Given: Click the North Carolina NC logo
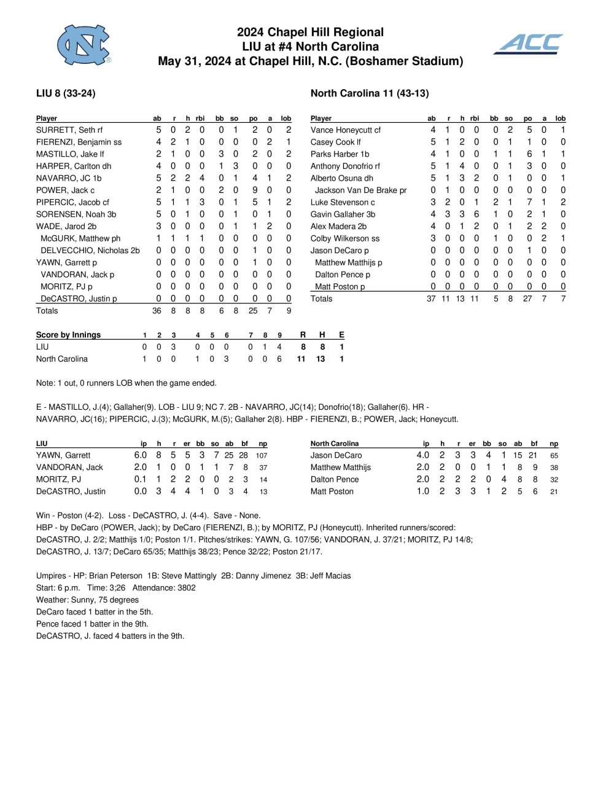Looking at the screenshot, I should click(84, 45).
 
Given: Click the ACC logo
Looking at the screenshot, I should click(529, 44).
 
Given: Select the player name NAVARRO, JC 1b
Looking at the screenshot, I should click(69, 178).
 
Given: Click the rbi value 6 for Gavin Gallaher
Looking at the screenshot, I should click(476, 214).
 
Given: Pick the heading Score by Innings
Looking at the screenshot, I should click(68, 335).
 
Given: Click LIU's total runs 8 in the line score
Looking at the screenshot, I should click(303, 347).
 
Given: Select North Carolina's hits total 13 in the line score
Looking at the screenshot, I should click(321, 359).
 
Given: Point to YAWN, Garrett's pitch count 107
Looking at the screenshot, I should click(262, 456).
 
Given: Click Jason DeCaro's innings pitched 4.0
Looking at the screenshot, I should click(422, 455).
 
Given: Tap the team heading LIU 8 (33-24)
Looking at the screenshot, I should click(66, 93).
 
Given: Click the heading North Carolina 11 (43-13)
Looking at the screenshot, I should click(370, 93).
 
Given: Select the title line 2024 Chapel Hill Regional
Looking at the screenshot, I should click(310, 32).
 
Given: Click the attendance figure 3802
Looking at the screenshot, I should click(186, 588).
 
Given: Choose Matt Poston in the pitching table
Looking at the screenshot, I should click(332, 491).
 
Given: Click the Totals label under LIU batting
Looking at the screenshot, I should click(47, 311).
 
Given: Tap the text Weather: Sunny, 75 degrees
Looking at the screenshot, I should click(87, 600).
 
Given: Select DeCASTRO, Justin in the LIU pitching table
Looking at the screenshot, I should click(71, 491).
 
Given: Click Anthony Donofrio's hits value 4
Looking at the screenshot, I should click(462, 166).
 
